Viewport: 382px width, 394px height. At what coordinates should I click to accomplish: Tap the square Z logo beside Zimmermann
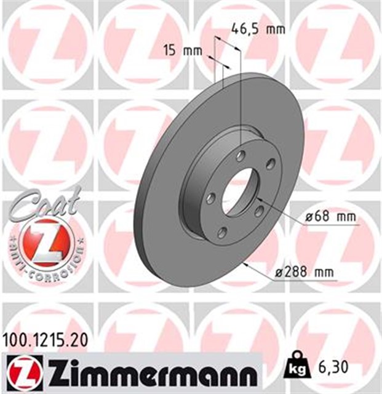[23, 371]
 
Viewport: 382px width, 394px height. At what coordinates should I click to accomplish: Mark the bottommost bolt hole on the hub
[222, 231]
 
